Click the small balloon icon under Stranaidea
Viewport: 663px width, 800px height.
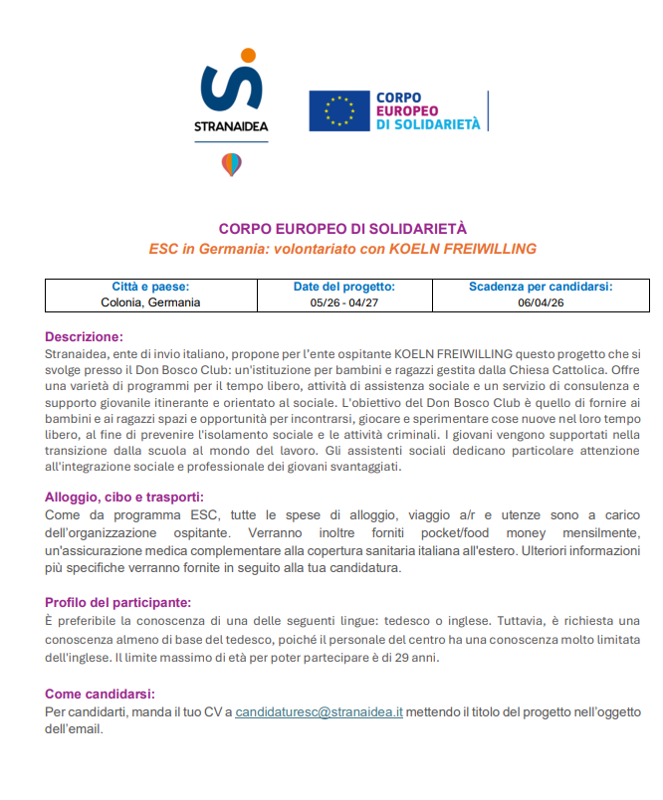point(231,164)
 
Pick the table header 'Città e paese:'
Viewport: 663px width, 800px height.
point(150,287)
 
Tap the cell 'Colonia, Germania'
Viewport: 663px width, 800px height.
point(150,302)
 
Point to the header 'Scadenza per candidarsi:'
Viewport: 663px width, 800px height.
point(541,287)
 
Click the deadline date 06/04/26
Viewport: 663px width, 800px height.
point(541,302)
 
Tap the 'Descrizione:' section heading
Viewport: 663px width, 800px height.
point(84,336)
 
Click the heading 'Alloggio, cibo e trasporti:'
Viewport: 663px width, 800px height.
point(124,497)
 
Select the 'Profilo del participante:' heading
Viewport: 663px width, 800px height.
point(118,601)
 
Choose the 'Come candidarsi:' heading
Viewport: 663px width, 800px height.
point(100,694)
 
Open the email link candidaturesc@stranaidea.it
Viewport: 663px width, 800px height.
point(319,711)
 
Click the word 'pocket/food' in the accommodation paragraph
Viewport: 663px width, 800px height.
point(450,532)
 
